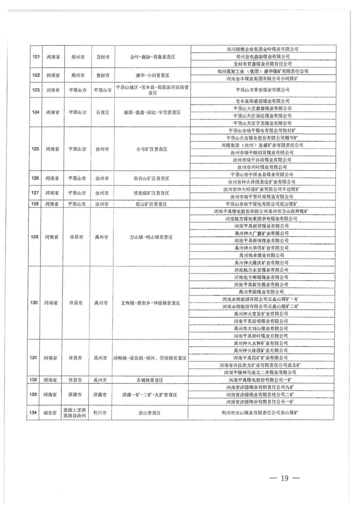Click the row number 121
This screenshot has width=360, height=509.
(x=36, y=57)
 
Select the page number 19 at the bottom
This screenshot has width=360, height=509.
(x=285, y=478)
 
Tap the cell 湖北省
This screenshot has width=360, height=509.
(x=50, y=413)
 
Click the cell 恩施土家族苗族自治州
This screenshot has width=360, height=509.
(x=75, y=413)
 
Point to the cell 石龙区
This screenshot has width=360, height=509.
(x=102, y=112)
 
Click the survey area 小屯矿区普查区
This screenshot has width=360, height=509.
(x=152, y=149)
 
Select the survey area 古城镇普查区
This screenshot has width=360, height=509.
(x=150, y=380)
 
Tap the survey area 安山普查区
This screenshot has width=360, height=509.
(x=150, y=413)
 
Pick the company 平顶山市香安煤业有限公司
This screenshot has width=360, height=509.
(x=263, y=90)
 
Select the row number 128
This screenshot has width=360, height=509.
(x=35, y=204)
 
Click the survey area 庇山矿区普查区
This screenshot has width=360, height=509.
(x=151, y=204)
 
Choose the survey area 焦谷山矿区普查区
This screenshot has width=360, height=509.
(x=151, y=178)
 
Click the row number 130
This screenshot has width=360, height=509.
(x=34, y=303)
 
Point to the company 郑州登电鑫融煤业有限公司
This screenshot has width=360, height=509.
(x=263, y=56)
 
